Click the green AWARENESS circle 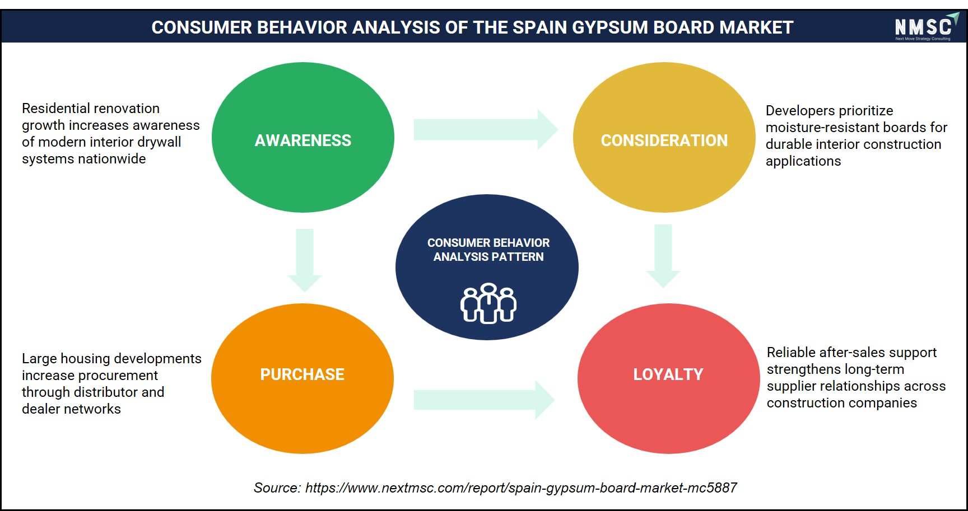point(303,137)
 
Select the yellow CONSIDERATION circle point(664,137)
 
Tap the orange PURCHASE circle point(302,378)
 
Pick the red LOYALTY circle point(668,378)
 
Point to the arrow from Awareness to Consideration point(486,129)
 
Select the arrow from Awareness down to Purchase point(305,260)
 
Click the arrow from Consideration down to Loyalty point(663,256)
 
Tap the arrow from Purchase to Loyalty point(485,400)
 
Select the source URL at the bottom point(521,488)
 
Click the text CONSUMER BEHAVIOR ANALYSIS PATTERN point(488,250)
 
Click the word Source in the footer point(277,488)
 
